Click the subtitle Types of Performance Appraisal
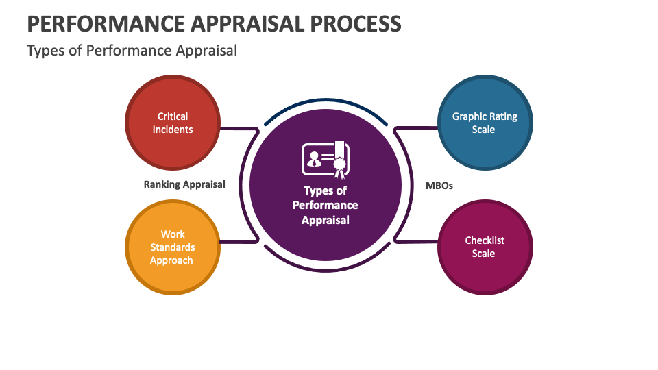click(x=132, y=51)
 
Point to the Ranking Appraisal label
click(x=184, y=184)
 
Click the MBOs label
click(x=439, y=185)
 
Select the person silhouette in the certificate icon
click(x=313, y=160)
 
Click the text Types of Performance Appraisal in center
click(x=326, y=206)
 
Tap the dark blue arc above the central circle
click(x=326, y=101)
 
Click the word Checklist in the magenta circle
click(x=485, y=241)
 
